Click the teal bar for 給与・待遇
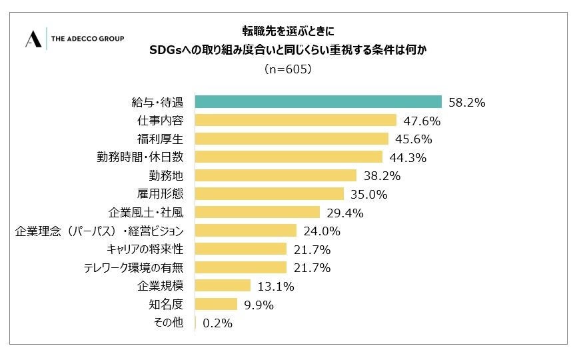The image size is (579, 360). (318, 102)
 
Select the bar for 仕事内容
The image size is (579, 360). (296, 121)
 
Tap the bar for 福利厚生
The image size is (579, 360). (291, 139)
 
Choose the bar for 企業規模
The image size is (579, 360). (223, 285)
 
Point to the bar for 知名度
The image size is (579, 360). (216, 304)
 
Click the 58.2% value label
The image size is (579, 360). (467, 103)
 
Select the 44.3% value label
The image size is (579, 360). (408, 158)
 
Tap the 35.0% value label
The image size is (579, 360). (368, 195)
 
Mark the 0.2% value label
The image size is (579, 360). (217, 323)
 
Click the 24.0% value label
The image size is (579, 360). (322, 231)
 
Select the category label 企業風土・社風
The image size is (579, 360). (146, 213)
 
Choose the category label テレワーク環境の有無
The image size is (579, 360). (133, 267)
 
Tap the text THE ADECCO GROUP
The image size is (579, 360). (87, 39)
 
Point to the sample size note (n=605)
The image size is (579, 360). (288, 69)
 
